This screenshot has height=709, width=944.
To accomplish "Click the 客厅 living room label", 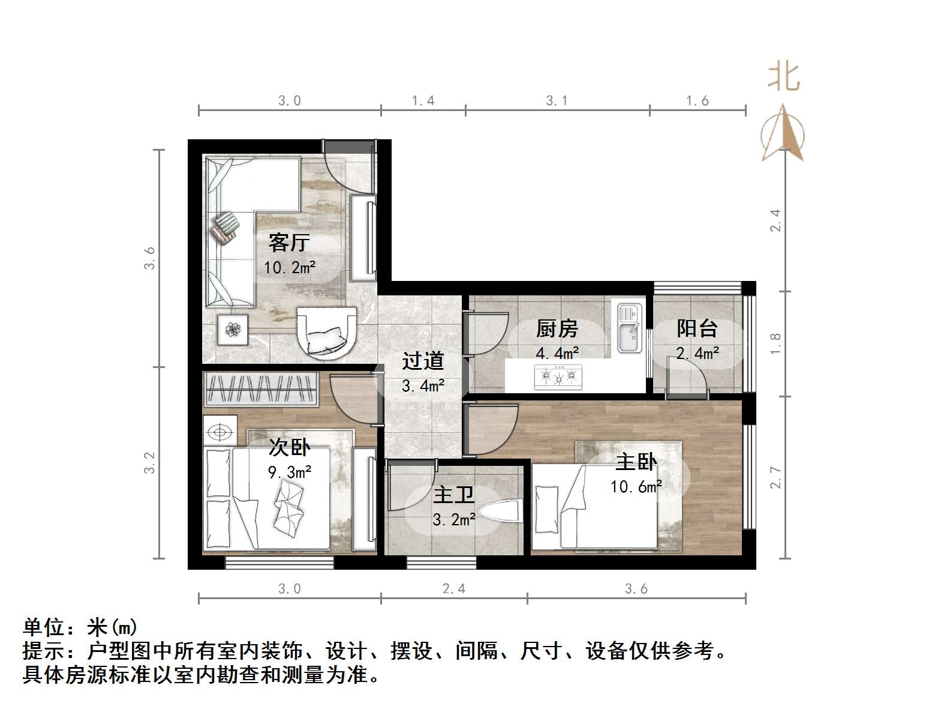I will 289,243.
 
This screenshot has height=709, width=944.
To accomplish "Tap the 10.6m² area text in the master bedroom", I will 636,487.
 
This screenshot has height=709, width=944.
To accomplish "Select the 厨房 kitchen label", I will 557,328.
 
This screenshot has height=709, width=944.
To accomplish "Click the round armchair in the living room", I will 327,333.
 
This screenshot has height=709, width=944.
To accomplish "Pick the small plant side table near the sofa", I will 233,329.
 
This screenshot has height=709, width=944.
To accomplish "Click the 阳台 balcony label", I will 697,328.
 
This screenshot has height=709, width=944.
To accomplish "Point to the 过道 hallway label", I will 423,361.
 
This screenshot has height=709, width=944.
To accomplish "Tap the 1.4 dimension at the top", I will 423,101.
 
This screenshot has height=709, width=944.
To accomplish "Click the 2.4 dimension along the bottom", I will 454,589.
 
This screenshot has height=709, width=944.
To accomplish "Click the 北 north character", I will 783,77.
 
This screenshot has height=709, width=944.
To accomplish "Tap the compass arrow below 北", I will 783,133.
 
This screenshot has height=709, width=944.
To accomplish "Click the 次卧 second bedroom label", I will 289,447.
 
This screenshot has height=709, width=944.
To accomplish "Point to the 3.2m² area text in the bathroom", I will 454,520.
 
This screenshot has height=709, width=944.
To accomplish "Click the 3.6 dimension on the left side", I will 150,258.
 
